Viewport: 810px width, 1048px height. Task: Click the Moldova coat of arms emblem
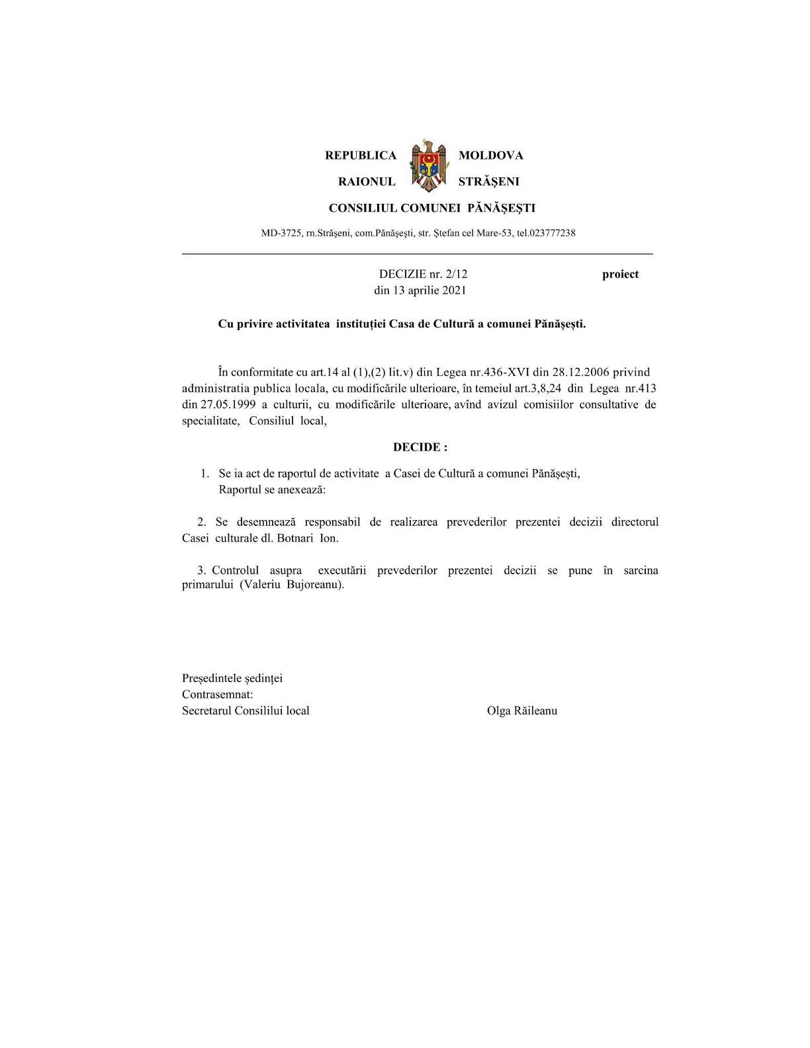(427, 166)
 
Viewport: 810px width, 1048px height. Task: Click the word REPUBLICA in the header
(361, 155)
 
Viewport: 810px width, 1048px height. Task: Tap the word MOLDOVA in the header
(491, 155)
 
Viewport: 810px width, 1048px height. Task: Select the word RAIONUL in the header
(367, 181)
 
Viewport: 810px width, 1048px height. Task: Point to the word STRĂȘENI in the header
(489, 181)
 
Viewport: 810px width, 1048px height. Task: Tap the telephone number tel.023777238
(546, 233)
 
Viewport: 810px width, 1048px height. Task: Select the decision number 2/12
(457, 274)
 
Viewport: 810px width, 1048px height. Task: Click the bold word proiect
(620, 274)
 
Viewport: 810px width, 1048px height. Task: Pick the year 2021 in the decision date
(454, 290)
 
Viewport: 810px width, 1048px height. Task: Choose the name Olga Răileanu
(522, 711)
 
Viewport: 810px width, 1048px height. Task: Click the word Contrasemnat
(217, 695)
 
